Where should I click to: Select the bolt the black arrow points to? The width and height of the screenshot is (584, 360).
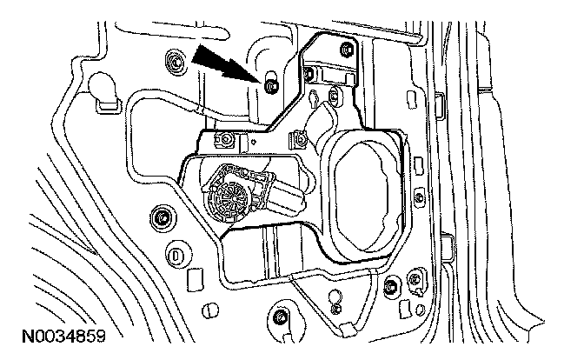tap(270, 84)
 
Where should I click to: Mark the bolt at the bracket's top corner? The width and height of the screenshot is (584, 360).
tap(347, 46)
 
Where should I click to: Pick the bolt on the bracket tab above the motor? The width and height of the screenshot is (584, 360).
tap(226, 139)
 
